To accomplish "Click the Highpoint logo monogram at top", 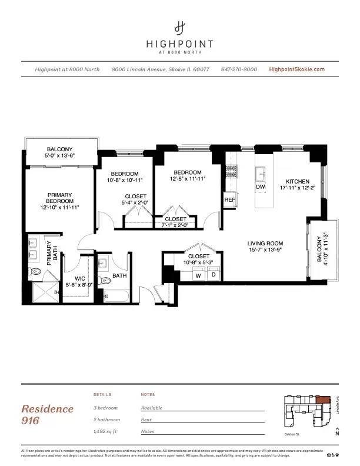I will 180,27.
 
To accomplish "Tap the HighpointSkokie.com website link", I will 296,69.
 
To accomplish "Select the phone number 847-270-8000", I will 239,69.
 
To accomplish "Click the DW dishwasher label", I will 261,187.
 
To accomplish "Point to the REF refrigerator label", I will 230,200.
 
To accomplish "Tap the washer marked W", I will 198,275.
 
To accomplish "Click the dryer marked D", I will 214,275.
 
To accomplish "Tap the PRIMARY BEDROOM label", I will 60,198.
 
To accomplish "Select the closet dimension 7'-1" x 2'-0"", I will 175,225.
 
